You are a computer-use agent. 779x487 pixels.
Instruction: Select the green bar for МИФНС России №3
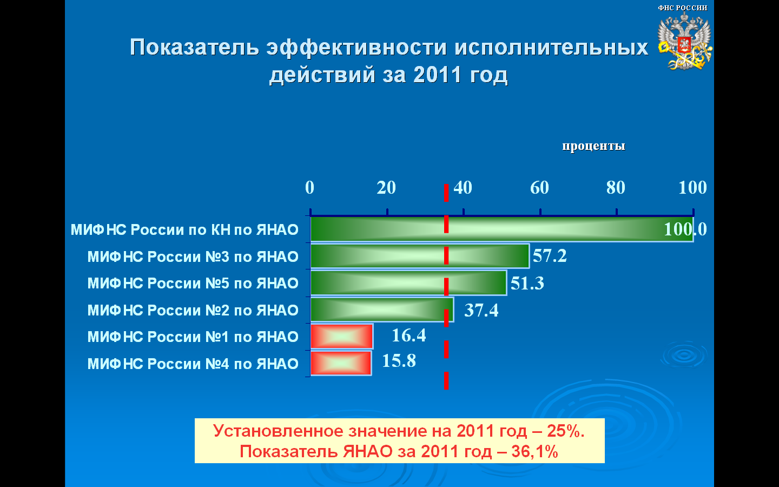[420, 256]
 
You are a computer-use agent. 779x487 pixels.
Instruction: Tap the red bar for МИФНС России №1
[342, 336]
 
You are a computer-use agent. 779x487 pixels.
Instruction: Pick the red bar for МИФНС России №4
[341, 363]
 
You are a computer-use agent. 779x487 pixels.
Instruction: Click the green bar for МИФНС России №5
[408, 283]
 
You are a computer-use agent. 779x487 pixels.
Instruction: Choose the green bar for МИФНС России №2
[382, 310]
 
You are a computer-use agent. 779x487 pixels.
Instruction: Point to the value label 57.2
[550, 255]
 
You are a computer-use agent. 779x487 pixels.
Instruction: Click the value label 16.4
[408, 335]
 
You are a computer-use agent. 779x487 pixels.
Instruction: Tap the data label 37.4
[481, 310]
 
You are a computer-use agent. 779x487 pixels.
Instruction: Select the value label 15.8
[399, 360]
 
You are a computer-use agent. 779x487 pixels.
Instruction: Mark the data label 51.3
[527, 283]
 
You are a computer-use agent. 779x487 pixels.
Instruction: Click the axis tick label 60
[539, 187]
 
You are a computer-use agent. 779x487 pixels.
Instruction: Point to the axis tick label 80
[616, 187]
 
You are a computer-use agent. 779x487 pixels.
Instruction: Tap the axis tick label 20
[386, 187]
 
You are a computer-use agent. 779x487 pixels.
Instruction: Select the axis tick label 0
[309, 187]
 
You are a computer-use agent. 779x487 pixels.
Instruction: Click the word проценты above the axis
[593, 146]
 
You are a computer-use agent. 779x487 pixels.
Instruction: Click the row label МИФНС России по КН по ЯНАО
[184, 229]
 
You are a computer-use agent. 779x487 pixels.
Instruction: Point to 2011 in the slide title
[438, 75]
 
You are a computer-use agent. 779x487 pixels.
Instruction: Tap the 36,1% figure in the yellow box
[535, 451]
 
